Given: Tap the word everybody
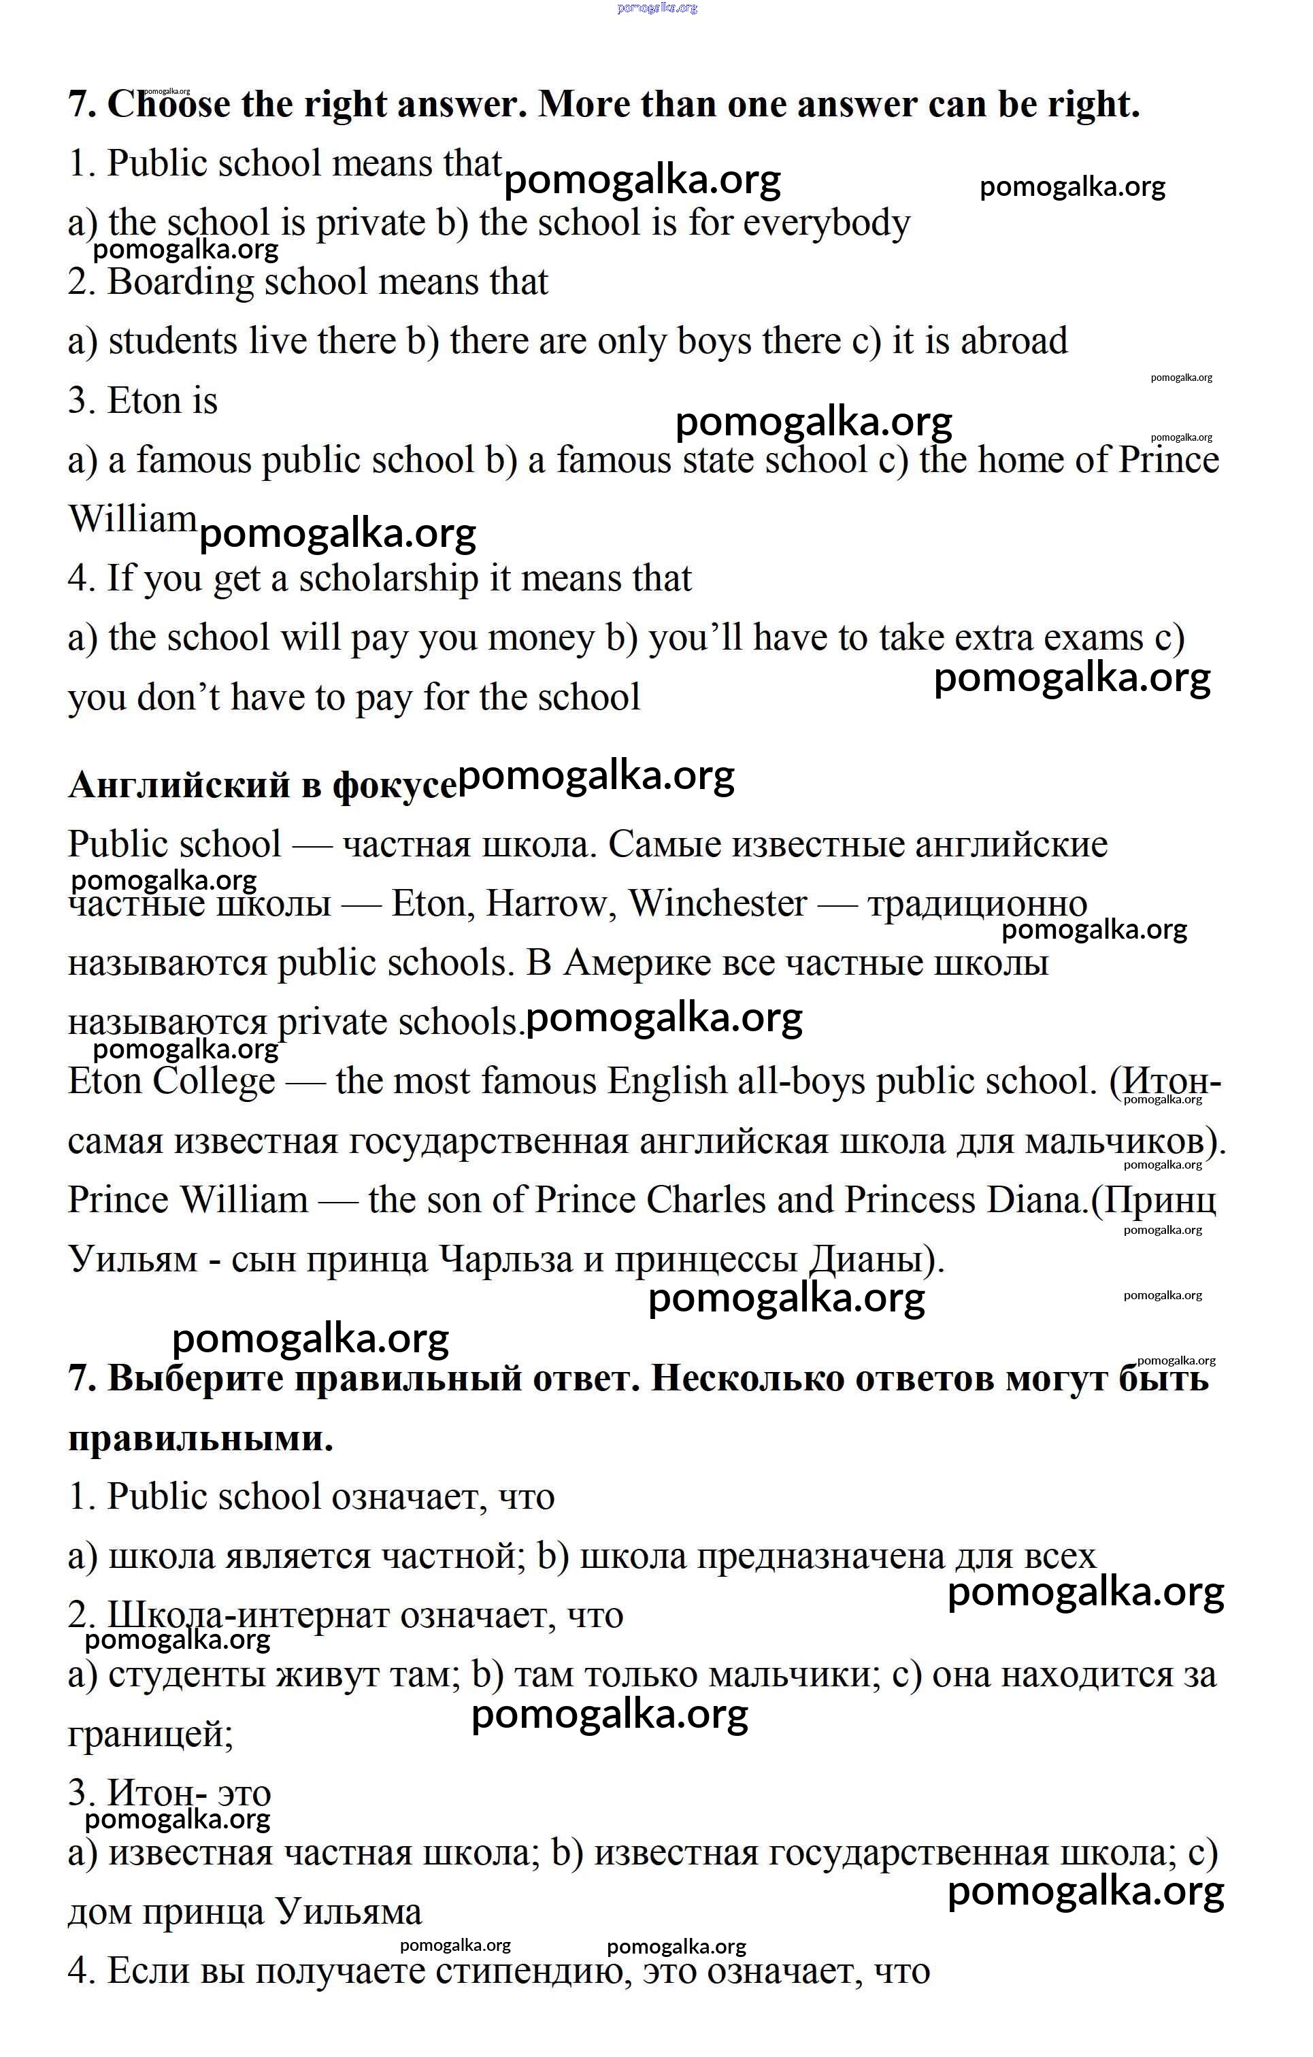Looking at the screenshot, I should (x=827, y=224).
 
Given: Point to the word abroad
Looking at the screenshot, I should (x=1014, y=341).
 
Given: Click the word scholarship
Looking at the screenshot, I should (x=388, y=579).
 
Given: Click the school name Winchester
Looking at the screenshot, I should (x=718, y=904).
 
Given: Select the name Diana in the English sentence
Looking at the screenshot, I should (x=1036, y=1200).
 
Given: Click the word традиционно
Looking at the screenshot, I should (x=978, y=904).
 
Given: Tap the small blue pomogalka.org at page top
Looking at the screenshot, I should (x=656, y=7).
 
